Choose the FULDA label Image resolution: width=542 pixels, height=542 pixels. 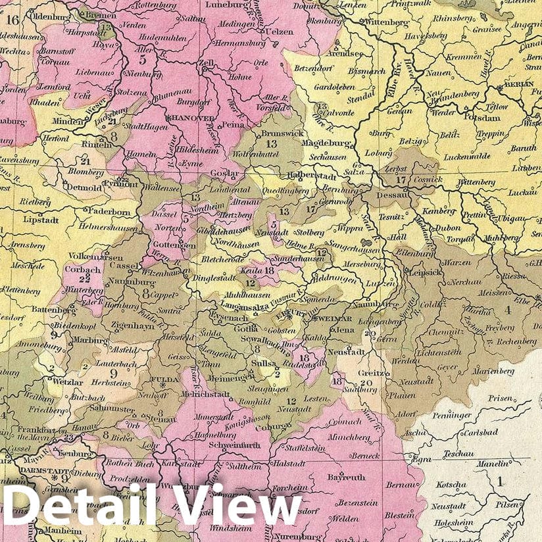pyautogui.click(x=165, y=380)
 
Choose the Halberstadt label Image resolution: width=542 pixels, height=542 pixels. pyautogui.click(x=312, y=177)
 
